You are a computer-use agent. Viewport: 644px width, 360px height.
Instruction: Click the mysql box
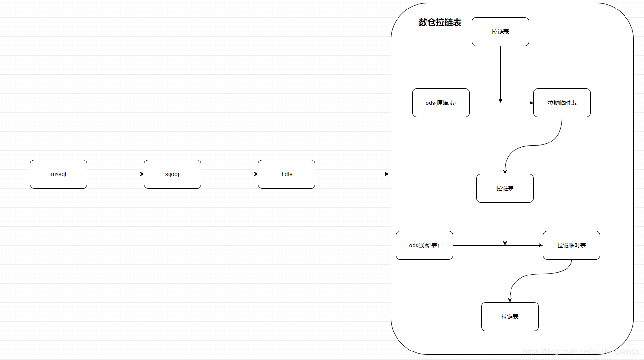click(58, 174)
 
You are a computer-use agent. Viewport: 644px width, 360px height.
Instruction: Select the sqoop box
click(172, 174)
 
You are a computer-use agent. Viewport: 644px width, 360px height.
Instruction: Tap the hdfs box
click(286, 174)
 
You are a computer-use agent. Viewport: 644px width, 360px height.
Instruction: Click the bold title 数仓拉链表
click(440, 22)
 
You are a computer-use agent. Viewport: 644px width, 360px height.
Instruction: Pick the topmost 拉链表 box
click(500, 31)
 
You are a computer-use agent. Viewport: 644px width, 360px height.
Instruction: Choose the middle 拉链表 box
click(505, 188)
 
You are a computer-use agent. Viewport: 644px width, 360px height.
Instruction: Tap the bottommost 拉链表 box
click(510, 316)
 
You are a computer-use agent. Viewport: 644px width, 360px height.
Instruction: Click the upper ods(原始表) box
click(441, 103)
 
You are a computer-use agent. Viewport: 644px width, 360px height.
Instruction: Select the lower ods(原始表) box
click(424, 245)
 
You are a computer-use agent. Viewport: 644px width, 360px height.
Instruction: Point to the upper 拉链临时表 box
click(562, 103)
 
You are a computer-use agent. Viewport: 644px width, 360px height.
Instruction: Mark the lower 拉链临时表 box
click(571, 245)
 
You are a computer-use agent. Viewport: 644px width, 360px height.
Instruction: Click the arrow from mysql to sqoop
click(115, 174)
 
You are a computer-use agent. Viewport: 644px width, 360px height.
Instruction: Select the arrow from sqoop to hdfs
click(229, 174)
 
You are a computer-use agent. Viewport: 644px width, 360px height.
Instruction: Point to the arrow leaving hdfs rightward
click(351, 174)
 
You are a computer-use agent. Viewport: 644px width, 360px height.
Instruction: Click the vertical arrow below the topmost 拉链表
click(500, 74)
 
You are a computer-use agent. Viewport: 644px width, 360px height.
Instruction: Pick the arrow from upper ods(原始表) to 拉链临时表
click(484, 103)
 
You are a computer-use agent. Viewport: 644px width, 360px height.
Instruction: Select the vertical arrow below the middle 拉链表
click(505, 223)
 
